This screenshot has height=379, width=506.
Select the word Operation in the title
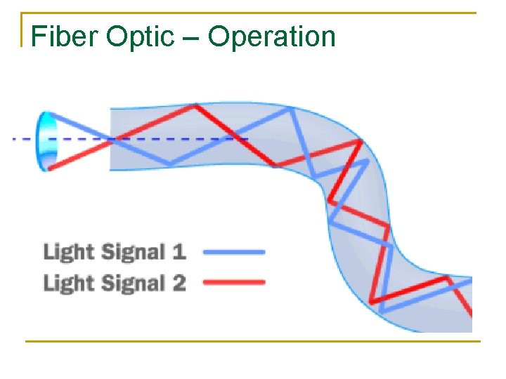(272, 36)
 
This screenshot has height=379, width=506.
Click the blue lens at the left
(47, 140)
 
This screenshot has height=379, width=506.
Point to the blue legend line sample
(233, 251)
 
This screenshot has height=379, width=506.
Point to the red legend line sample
(233, 283)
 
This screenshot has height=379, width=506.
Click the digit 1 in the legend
(179, 251)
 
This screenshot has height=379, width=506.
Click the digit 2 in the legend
(179, 283)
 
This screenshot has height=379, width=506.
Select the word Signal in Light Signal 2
(134, 283)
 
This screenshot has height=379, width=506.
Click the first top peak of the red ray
(196, 106)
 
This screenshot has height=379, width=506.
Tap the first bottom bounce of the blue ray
(170, 164)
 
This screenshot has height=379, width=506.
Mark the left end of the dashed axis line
(15, 139)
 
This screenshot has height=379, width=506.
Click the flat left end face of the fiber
(110, 139)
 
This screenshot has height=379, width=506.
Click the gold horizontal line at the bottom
(252, 342)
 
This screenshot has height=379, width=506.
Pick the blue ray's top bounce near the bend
(289, 109)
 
